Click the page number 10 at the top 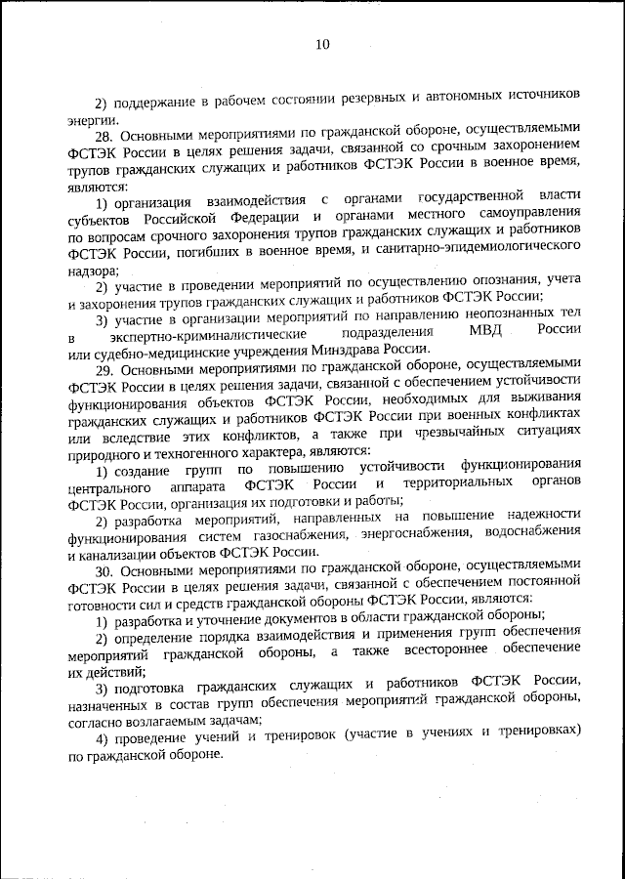point(323,44)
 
